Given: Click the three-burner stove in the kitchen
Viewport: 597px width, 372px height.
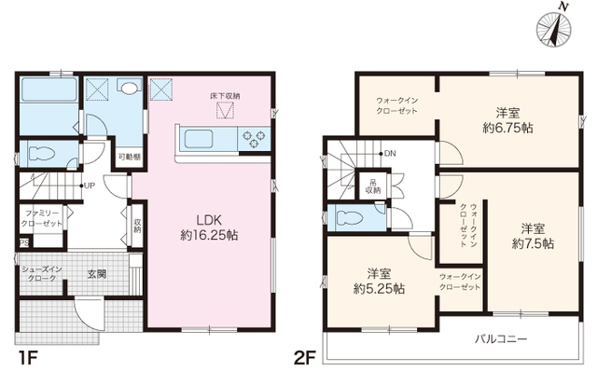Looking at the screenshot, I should coord(252,141).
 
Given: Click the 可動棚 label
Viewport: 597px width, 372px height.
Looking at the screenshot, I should coord(128,158).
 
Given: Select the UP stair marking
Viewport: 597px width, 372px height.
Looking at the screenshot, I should coord(90,185).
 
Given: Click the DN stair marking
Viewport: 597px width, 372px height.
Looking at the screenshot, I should coord(389,153).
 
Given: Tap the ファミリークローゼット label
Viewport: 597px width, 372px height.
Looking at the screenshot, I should coord(43,219).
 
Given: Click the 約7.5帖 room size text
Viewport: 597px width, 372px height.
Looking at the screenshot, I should coord(532,242).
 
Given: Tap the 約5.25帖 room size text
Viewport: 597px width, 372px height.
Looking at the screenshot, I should coord(379,289).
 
